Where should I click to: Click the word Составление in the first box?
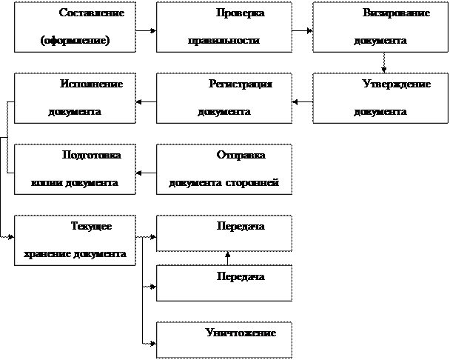click(92, 13)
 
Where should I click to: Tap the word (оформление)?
click(75, 40)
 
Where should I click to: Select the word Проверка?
click(241, 13)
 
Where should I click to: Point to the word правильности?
click(224, 41)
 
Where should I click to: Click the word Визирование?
click(396, 13)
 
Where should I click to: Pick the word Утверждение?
click(397, 84)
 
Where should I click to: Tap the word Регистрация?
click(241, 84)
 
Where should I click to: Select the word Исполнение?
click(91, 84)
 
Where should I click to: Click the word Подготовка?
click(92, 155)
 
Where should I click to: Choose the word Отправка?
click(241, 156)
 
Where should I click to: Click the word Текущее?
click(91, 227)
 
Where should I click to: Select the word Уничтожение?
click(241, 333)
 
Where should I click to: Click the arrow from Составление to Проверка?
click(146, 30)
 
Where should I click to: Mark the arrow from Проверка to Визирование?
click(303, 30)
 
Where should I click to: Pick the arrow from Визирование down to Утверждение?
click(383, 63)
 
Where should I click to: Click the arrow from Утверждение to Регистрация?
click(303, 101)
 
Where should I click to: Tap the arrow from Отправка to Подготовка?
click(146, 173)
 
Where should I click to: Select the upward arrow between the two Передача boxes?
click(227, 259)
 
